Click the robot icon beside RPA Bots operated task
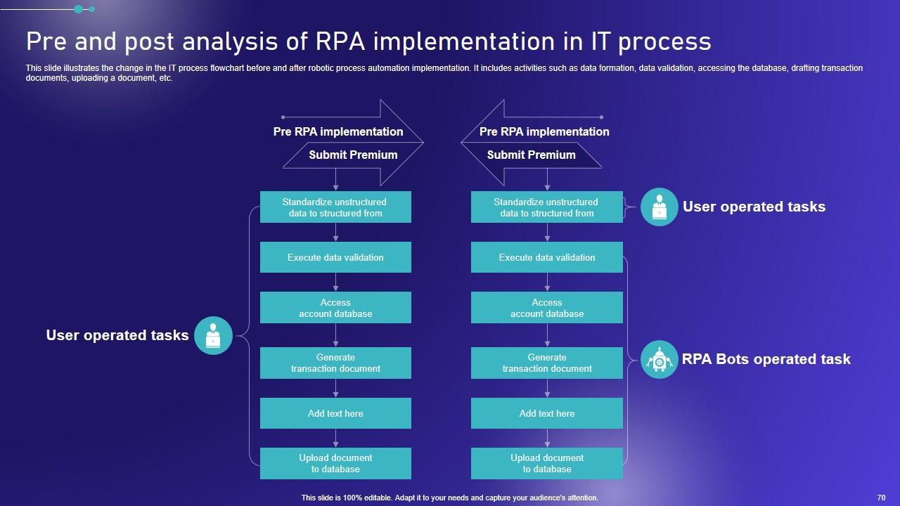659,359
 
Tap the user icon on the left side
213,335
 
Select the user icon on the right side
659,207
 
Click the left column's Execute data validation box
335,257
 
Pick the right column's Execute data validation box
547,257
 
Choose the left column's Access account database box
335,308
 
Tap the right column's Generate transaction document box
547,363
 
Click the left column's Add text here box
335,413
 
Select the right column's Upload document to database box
547,463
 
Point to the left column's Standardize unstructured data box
335,207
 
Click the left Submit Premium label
353,155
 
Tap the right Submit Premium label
531,155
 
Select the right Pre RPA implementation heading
544,131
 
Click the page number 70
881,498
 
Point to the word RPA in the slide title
340,41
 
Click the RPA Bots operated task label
766,359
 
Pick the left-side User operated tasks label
117,335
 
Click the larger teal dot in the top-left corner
79,9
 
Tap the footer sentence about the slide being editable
449,498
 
